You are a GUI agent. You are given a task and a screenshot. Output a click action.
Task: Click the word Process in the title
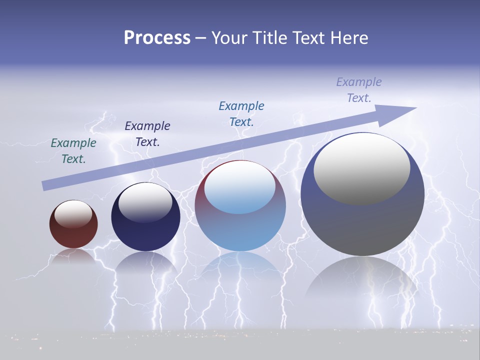(157, 38)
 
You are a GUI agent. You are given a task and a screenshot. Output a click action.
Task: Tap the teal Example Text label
(73, 151)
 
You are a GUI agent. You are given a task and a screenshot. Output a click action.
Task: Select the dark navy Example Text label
(147, 134)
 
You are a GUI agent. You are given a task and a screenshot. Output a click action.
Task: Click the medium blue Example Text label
(241, 113)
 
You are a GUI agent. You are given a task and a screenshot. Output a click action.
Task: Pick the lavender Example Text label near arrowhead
(359, 90)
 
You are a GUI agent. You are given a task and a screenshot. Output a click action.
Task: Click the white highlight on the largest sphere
(361, 167)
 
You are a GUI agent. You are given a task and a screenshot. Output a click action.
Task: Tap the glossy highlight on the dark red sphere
(73, 214)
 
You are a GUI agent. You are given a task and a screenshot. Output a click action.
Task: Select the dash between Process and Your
(200, 38)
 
